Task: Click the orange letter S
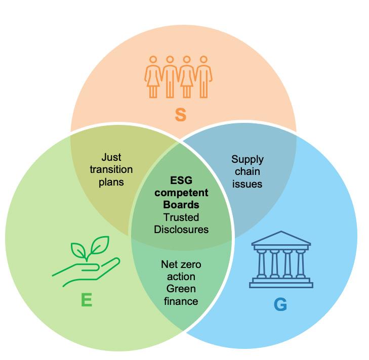pyautogui.click(x=180, y=115)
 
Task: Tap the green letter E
pyautogui.click(x=87, y=300)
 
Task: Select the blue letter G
pyautogui.click(x=280, y=304)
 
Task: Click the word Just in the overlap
pyautogui.click(x=111, y=157)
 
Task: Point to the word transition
pyautogui.click(x=111, y=169)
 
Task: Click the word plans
pyautogui.click(x=111, y=182)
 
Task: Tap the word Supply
pyautogui.click(x=248, y=160)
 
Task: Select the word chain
pyautogui.click(x=248, y=171)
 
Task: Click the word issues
pyautogui.click(x=248, y=184)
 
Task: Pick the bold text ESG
pyautogui.click(x=181, y=181)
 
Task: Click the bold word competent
pyautogui.click(x=181, y=193)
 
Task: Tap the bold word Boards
pyautogui.click(x=181, y=205)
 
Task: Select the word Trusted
pyautogui.click(x=181, y=217)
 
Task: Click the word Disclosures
pyautogui.click(x=181, y=229)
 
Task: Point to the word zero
pyautogui.click(x=191, y=264)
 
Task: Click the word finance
pyautogui.click(x=181, y=301)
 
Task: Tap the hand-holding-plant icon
pyautogui.click(x=86, y=261)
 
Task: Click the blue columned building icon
pyautogui.click(x=281, y=260)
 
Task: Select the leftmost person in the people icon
pyautogui.click(x=153, y=76)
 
